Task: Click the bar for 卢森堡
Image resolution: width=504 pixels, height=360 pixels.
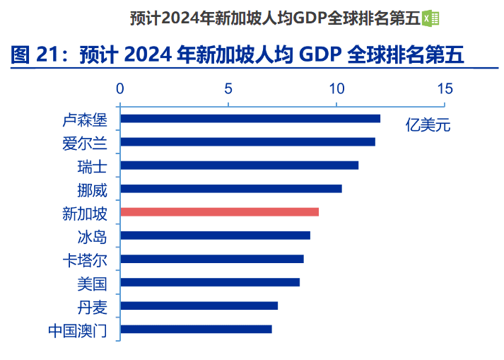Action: pyautogui.click(x=250, y=118)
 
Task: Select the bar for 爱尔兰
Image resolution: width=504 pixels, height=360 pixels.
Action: pyautogui.click(x=247, y=141)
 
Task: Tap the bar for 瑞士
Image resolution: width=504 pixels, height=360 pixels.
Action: pyautogui.click(x=240, y=165)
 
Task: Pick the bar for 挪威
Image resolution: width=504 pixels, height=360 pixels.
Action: pyautogui.click(x=231, y=188)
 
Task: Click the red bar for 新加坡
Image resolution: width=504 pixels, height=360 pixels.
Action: pyautogui.click(x=219, y=211)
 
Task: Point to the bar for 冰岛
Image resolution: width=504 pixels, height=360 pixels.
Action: pyautogui.click(x=215, y=235)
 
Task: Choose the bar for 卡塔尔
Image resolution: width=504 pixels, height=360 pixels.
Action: pyautogui.click(x=212, y=259)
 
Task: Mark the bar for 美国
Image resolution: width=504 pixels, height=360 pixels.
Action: pyautogui.click(x=210, y=282)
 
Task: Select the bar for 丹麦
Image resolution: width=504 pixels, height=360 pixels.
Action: pyautogui.click(x=199, y=306)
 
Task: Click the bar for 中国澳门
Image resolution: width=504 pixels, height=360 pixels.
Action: pyautogui.click(x=196, y=329)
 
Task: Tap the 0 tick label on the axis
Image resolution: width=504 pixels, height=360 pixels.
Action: pyautogui.click(x=121, y=89)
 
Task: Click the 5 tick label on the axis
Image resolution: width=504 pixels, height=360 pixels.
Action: pyautogui.click(x=228, y=89)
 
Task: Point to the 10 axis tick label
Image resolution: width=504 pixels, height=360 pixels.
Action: pyautogui.click(x=336, y=89)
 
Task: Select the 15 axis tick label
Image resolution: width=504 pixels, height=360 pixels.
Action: pyautogui.click(x=445, y=89)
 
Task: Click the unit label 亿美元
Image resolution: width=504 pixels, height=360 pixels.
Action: pyautogui.click(x=428, y=127)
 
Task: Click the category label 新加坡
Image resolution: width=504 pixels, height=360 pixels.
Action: pyautogui.click(x=85, y=212)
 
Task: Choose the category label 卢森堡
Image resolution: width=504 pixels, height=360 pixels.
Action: pyautogui.click(x=85, y=119)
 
